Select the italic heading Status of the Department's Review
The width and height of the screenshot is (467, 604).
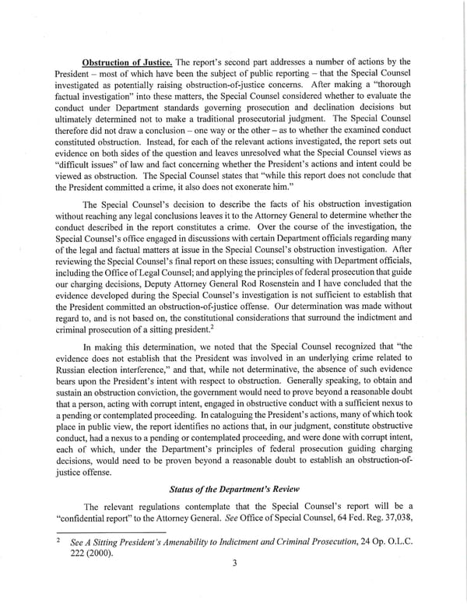[233, 488]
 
